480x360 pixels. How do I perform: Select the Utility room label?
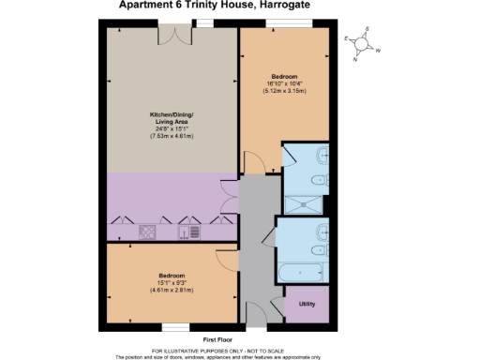pos(306,304)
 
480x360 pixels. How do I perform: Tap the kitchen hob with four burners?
pos(147,230)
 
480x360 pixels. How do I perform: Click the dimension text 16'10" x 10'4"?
pos(285,83)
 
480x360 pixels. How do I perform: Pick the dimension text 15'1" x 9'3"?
pos(172,283)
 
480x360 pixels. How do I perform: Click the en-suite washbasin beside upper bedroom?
pos(322,157)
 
